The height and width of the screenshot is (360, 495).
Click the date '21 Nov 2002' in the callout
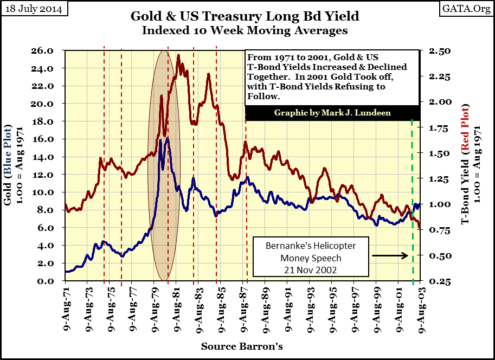coord(311,269)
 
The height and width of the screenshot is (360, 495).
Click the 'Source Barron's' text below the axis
coord(242,346)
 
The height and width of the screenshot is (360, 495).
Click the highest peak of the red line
coord(179,56)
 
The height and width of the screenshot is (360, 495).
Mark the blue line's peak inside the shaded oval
coord(168,138)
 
